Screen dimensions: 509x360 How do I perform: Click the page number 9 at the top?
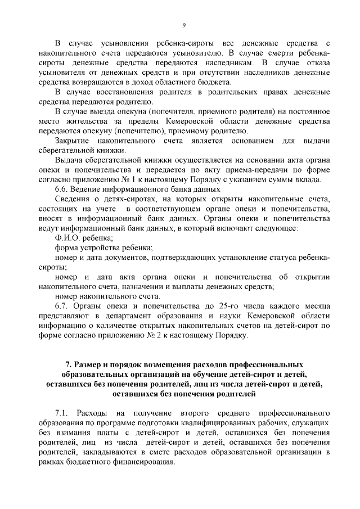(183, 25)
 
